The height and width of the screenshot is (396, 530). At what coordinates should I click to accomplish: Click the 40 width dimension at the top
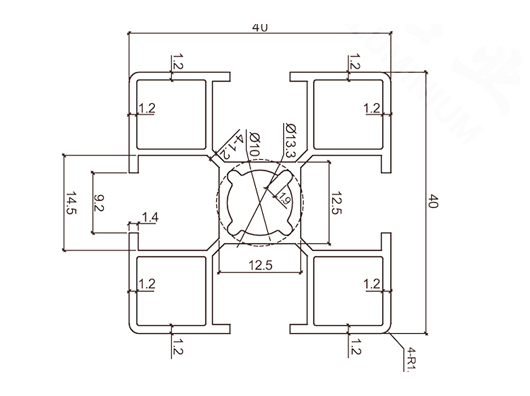[259, 27]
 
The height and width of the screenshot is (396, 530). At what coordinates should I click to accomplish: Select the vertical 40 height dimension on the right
[434, 202]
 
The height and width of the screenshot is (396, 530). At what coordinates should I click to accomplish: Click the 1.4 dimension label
[151, 217]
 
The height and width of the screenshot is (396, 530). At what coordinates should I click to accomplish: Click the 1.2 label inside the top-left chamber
[148, 108]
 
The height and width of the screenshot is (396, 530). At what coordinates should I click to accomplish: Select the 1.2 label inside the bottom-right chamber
[372, 284]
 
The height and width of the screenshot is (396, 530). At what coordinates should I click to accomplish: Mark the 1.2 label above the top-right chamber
[354, 62]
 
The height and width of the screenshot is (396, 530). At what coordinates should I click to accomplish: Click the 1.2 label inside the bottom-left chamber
[148, 284]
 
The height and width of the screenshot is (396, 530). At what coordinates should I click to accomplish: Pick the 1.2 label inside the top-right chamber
[372, 108]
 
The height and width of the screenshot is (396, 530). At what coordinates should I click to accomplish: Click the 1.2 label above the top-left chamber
[177, 62]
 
